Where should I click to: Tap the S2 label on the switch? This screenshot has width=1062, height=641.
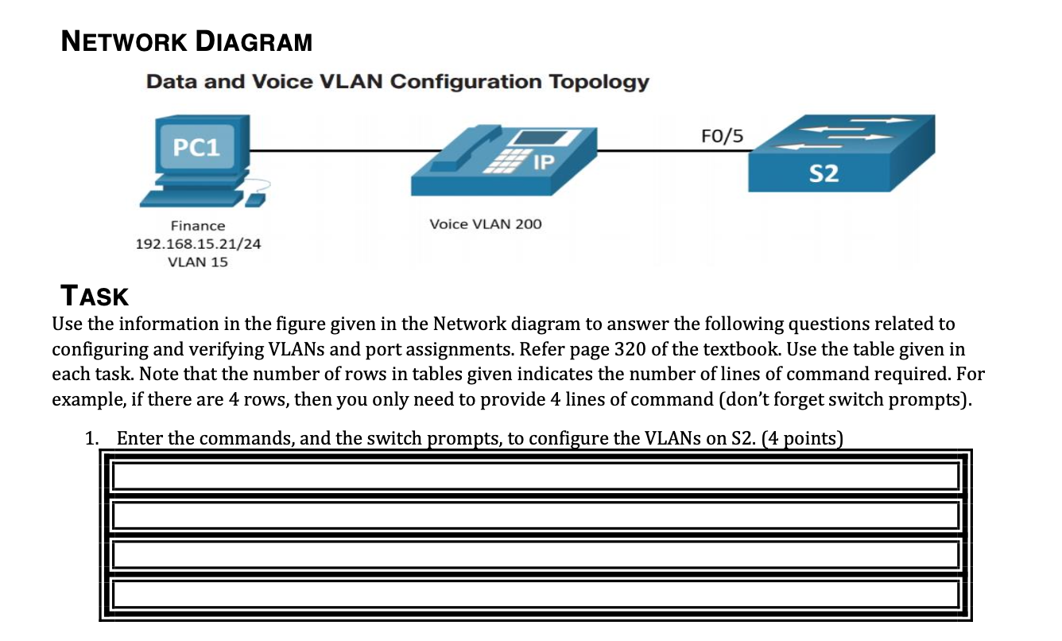pyautogui.click(x=824, y=173)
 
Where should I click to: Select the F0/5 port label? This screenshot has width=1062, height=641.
pyautogui.click(x=723, y=136)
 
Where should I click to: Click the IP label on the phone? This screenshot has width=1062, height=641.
pyautogui.click(x=543, y=163)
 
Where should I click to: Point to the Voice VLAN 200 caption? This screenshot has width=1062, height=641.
pyautogui.click(x=485, y=224)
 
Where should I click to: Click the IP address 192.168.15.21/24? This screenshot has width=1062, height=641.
pyautogui.click(x=198, y=244)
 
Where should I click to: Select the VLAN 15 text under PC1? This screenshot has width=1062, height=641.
pyautogui.click(x=198, y=262)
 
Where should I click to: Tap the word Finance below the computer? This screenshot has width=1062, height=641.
pyautogui.click(x=198, y=226)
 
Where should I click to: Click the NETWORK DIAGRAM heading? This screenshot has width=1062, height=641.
pyautogui.click(x=187, y=41)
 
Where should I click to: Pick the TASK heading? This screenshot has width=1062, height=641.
pyautogui.click(x=95, y=296)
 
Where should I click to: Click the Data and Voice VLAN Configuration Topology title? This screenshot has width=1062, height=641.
pyautogui.click(x=397, y=82)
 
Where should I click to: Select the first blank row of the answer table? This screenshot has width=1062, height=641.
pyautogui.click(x=535, y=476)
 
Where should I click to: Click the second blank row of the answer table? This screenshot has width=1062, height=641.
pyautogui.click(x=535, y=515)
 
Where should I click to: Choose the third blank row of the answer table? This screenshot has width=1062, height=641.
pyautogui.click(x=535, y=554)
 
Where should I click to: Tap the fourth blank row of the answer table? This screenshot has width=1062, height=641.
pyautogui.click(x=535, y=593)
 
